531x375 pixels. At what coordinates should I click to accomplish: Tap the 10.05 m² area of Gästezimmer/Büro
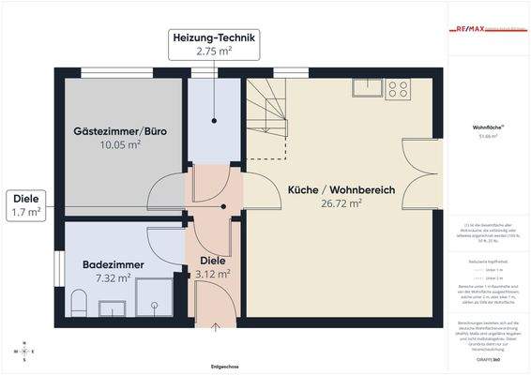[120, 145]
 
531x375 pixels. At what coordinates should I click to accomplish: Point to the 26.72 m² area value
[341, 202]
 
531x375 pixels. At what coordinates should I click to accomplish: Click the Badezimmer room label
[114, 265]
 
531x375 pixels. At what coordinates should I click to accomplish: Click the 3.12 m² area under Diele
[213, 275]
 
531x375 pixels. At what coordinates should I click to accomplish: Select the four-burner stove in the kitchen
[398, 89]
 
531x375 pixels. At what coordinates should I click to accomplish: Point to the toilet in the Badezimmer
[79, 304]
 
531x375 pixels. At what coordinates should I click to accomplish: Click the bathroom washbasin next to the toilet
[113, 306]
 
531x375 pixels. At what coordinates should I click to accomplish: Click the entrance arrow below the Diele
[214, 327]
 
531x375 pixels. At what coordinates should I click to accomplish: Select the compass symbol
[22, 351]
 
